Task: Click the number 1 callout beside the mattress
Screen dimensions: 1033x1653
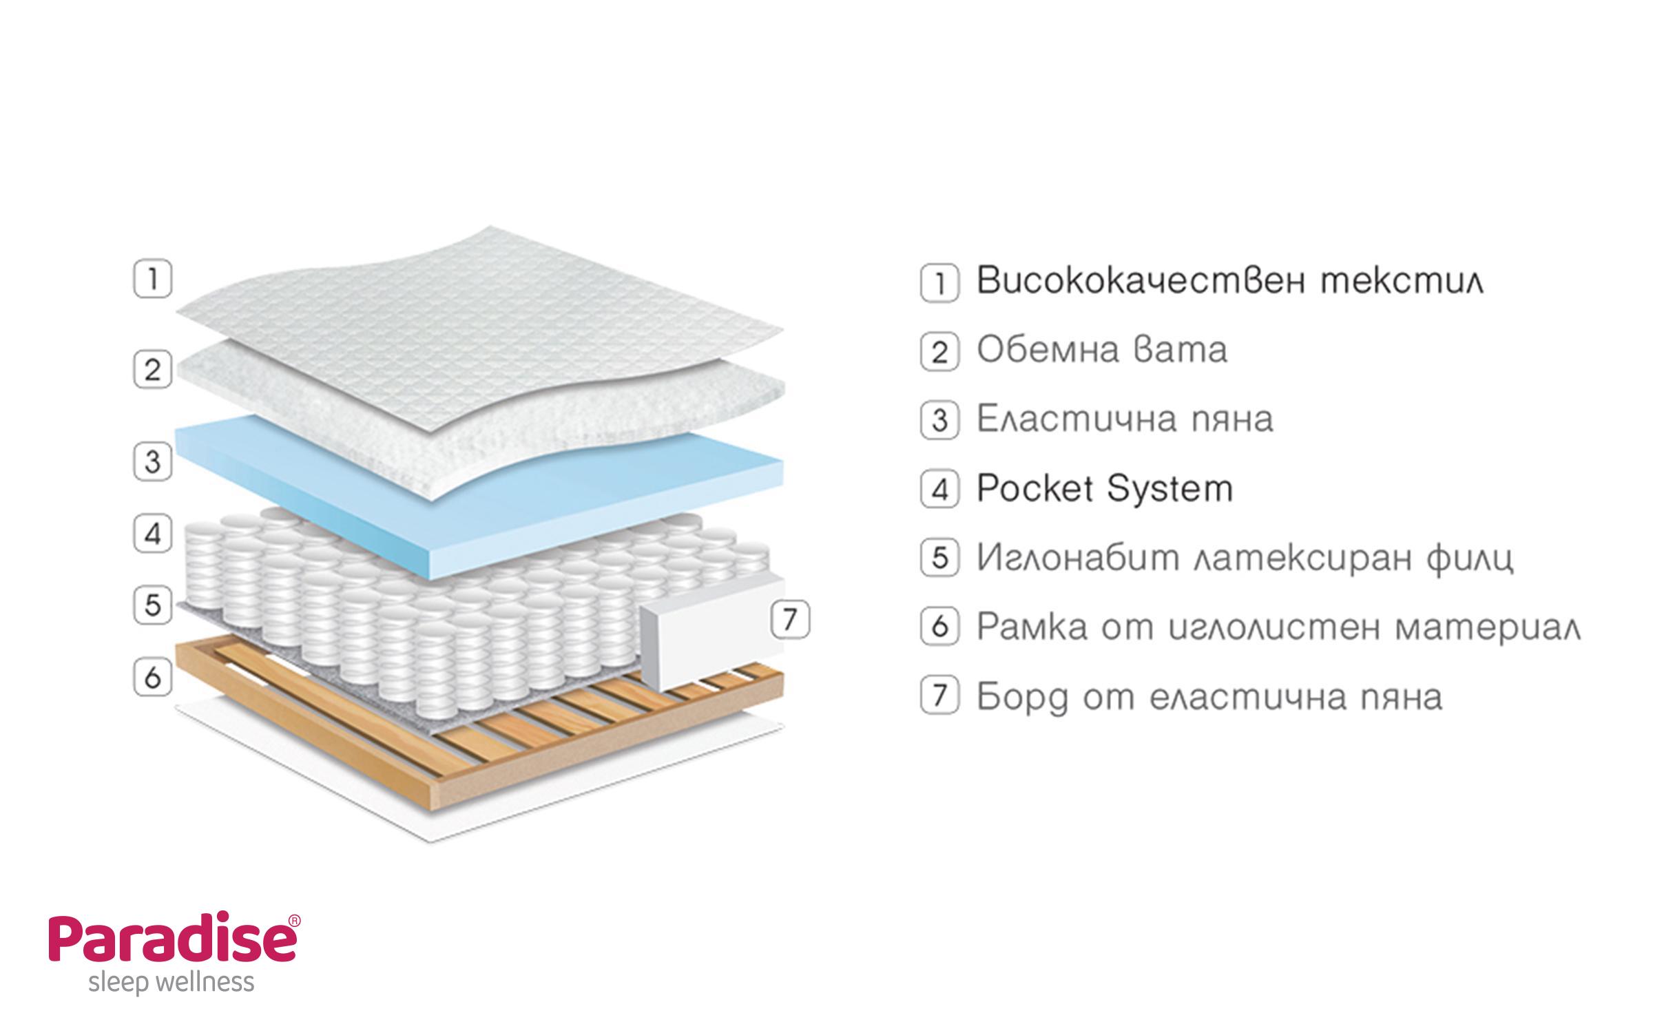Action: pos(152,279)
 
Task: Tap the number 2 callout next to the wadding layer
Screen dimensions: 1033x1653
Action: pos(152,370)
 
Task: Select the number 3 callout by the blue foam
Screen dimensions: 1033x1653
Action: pos(152,461)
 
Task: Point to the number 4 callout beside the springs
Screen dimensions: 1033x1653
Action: pos(152,534)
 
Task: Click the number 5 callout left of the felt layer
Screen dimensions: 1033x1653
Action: pos(152,605)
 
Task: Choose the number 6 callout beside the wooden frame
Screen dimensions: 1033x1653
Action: pos(152,677)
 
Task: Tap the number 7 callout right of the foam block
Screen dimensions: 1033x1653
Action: pos(790,619)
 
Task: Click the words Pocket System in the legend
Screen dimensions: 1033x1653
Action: pos(1104,489)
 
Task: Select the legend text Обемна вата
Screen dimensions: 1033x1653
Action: pos(1102,351)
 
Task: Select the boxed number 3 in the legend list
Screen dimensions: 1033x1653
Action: pos(939,419)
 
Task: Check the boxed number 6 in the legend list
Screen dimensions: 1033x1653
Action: pos(939,627)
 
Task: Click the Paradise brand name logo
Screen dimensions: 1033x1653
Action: pos(172,940)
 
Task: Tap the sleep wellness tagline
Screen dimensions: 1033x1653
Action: pos(171,982)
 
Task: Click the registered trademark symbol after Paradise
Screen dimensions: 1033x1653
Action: pos(294,920)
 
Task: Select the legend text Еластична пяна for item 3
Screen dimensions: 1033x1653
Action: pos(1125,419)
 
